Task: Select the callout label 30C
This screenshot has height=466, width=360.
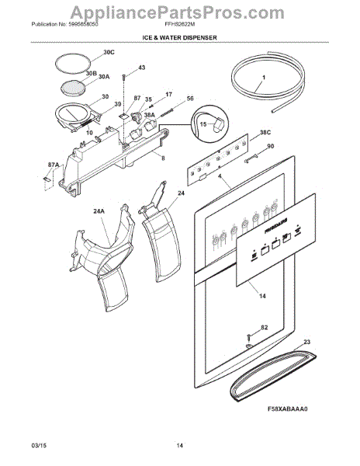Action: click(108, 52)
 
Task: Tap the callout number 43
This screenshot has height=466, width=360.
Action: click(141, 68)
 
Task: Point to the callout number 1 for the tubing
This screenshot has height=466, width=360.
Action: click(263, 78)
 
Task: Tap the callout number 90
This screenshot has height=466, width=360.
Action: click(270, 147)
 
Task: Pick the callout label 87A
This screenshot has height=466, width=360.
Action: click(53, 165)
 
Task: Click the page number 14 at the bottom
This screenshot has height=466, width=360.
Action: click(179, 444)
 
